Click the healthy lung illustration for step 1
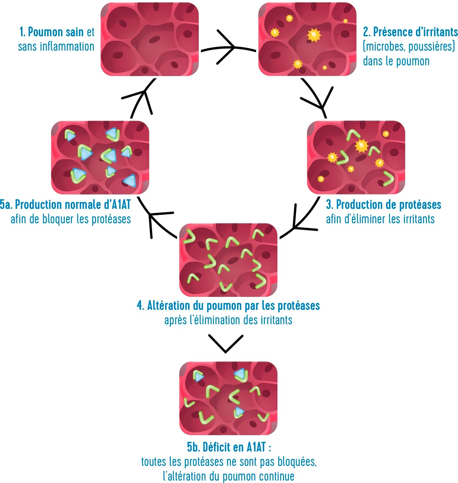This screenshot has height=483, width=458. click(150, 39)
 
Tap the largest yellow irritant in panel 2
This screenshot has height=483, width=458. click(314, 35)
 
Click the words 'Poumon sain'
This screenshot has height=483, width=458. click(56, 32)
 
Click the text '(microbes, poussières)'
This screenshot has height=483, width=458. click(409, 46)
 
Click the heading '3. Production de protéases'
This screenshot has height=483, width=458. click(383, 205)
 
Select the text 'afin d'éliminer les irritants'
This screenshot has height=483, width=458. click(380, 219)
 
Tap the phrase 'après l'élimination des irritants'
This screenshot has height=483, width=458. click(228, 320)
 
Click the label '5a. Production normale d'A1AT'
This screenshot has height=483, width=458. click(65, 205)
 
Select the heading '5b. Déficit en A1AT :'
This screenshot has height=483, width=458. click(229, 447)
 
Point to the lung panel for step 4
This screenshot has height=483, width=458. click(228, 260)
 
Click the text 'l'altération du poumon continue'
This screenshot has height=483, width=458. click(228, 476)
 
